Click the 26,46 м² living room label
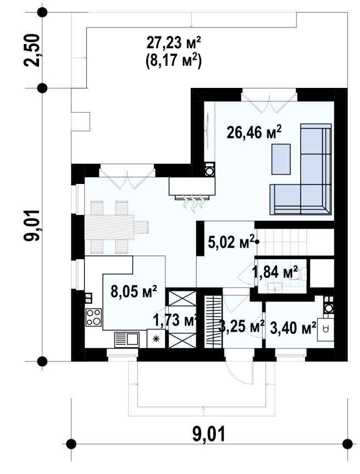point(254,132)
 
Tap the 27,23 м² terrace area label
point(174,42)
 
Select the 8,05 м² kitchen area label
point(134,292)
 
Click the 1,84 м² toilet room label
point(275,272)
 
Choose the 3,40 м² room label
point(293,328)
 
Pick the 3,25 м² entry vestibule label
point(241,327)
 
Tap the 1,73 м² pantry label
point(175,320)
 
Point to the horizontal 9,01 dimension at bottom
point(209,434)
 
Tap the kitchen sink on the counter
point(126,339)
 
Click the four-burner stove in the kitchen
point(93,317)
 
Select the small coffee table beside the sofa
point(281,159)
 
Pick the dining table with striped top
point(117,227)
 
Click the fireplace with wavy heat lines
point(192,192)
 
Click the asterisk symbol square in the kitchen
point(156,338)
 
